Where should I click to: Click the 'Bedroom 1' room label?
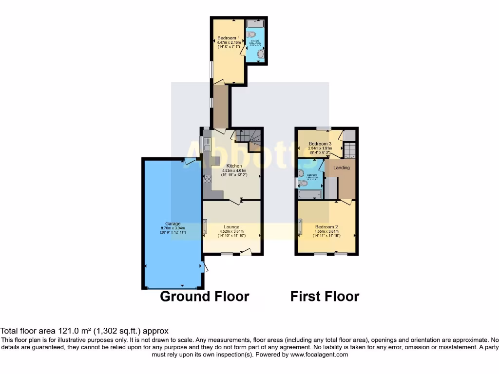228,38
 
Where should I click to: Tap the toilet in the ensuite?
251,35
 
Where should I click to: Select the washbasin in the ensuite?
261,56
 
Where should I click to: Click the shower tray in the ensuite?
255,23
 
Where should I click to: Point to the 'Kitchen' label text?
232,166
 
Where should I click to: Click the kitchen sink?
207,145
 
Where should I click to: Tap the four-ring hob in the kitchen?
207,179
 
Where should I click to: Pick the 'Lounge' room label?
231,227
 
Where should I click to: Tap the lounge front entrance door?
246,252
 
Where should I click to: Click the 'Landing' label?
341,168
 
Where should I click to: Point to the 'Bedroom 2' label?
326,227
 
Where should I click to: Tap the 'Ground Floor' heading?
205,296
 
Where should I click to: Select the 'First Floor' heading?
325,296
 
